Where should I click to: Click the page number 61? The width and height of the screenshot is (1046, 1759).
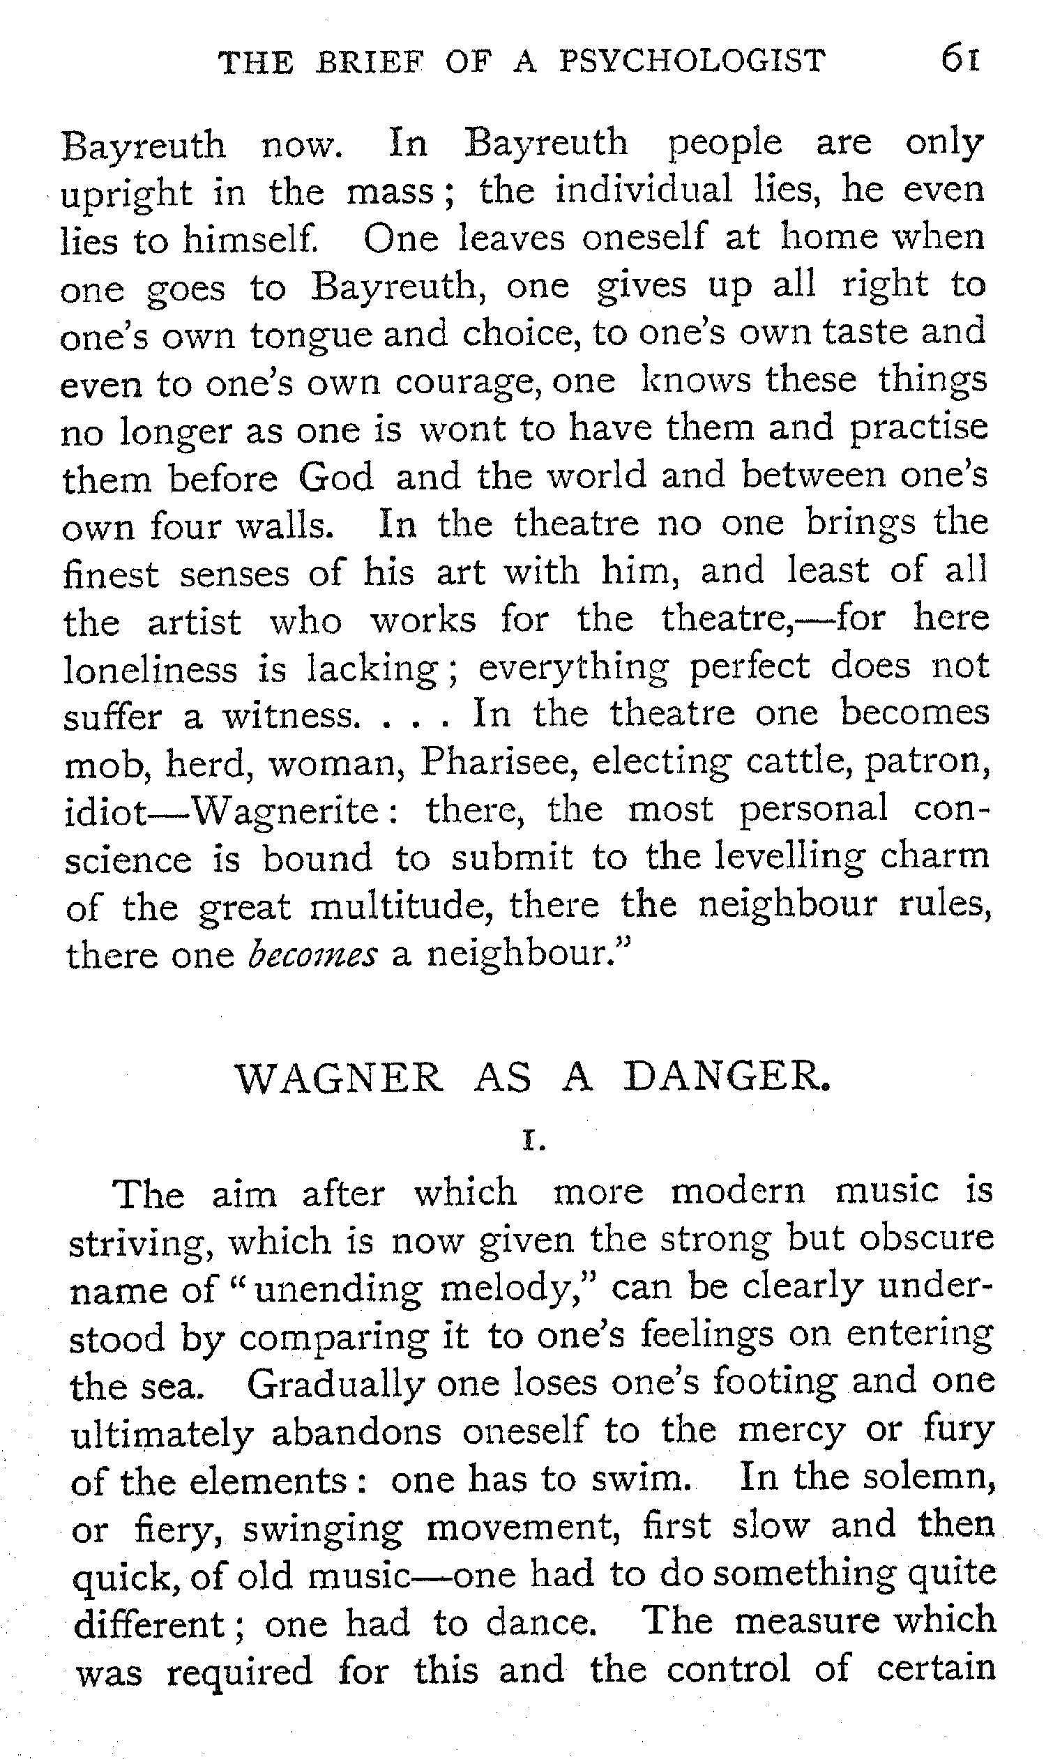960,59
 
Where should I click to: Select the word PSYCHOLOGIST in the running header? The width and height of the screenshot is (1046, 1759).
692,61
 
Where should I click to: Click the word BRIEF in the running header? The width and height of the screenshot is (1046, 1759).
371,62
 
